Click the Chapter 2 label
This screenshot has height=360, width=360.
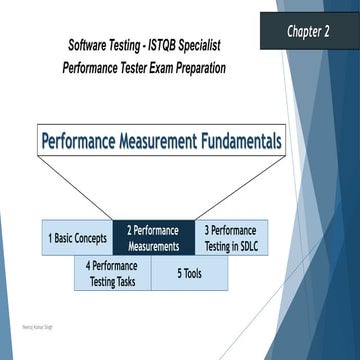click(x=309, y=30)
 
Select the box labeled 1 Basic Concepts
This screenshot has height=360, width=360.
click(x=78, y=238)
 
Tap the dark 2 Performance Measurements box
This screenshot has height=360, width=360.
click(x=152, y=238)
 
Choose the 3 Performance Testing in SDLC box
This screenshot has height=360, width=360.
click(x=228, y=238)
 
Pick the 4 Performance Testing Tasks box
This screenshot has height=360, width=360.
click(x=112, y=273)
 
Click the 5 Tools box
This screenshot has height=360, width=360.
click(x=189, y=273)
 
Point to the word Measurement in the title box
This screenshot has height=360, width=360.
click(x=146, y=140)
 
